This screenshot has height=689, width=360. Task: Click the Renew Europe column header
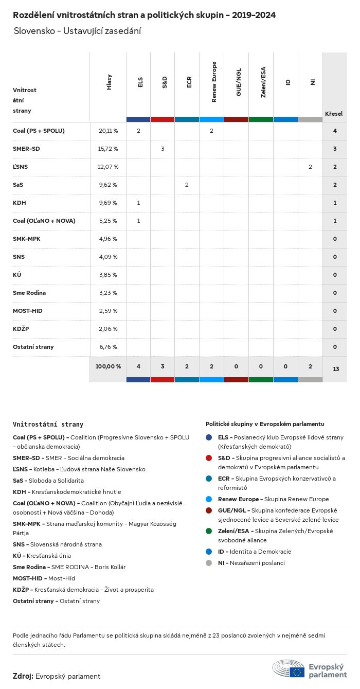214,82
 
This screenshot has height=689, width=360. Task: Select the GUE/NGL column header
239,82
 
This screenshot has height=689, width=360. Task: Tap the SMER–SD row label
26,149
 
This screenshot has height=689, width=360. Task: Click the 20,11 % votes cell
108,131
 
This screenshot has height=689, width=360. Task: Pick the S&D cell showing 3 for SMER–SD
163,149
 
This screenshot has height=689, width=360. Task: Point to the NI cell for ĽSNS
310,167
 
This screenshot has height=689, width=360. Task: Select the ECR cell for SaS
187,185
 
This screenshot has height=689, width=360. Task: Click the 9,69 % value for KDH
108,203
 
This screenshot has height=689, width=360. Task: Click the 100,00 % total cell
108,366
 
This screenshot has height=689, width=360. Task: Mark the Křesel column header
334,114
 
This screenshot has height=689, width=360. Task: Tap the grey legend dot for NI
209,563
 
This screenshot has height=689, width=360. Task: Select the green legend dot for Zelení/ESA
209,531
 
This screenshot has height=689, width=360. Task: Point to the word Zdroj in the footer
23,676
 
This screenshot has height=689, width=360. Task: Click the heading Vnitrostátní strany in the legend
48,425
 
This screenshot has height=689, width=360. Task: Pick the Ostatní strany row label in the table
33,347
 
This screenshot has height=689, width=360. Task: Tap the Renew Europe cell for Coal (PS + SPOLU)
211,131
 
